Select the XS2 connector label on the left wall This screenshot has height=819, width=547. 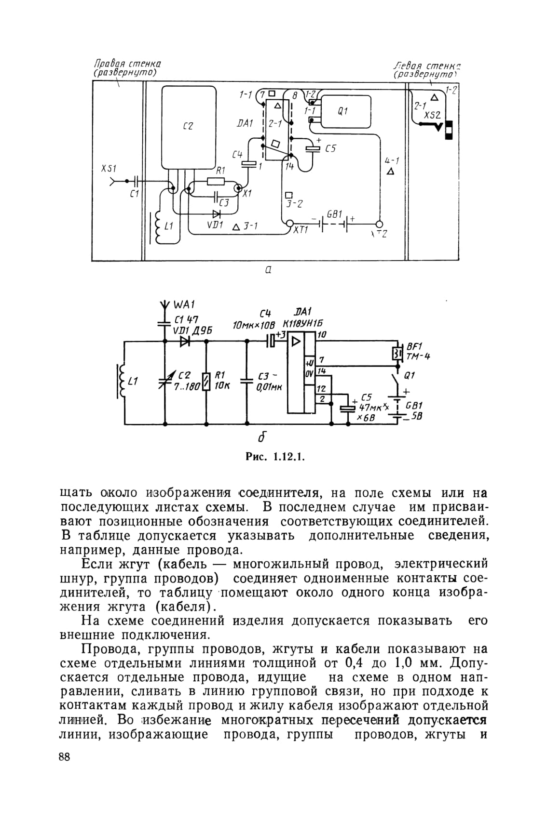[x=432, y=115]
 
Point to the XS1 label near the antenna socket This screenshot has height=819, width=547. [x=109, y=169]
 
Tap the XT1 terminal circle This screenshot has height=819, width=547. [x=289, y=223]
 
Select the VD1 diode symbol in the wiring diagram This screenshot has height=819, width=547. [x=217, y=213]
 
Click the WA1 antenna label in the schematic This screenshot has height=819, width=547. [x=184, y=304]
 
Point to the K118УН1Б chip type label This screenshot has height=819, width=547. [x=302, y=324]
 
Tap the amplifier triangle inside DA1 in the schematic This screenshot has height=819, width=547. [x=296, y=342]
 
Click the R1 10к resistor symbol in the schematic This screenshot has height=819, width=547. [x=206, y=381]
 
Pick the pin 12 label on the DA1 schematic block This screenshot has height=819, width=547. [x=321, y=389]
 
